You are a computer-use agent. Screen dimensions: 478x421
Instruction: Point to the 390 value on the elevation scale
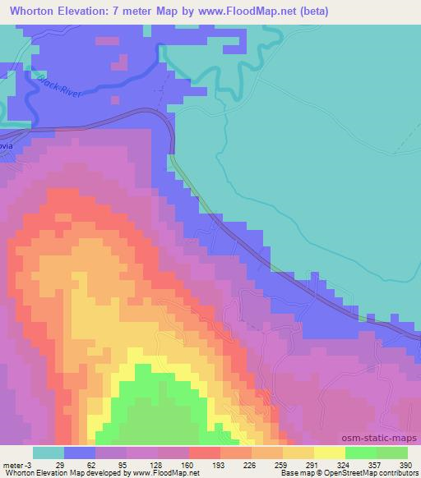(x=405, y=464)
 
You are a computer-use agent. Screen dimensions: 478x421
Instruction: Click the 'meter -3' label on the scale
(x=18, y=464)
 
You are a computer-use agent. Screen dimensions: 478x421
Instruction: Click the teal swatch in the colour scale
(x=49, y=453)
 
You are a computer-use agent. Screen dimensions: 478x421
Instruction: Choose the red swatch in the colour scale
(x=205, y=453)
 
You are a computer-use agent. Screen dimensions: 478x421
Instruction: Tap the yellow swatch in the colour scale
(x=330, y=453)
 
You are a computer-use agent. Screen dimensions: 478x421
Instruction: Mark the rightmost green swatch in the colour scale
(x=392, y=453)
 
